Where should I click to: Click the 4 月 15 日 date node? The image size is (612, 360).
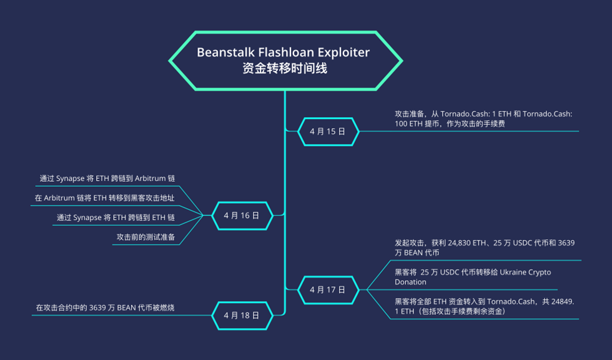(x=327, y=131)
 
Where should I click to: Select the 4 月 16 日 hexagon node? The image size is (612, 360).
(x=241, y=215)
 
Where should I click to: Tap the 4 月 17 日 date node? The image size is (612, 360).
(x=327, y=290)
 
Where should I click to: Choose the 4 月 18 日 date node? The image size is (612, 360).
(x=241, y=315)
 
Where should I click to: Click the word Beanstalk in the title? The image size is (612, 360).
(x=225, y=52)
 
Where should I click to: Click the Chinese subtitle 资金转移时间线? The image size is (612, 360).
(x=284, y=69)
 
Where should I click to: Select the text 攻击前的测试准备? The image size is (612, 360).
(x=146, y=237)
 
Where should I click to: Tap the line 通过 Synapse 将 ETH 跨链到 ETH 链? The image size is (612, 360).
(x=116, y=217)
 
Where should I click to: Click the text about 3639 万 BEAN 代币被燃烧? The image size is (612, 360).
(x=105, y=307)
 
